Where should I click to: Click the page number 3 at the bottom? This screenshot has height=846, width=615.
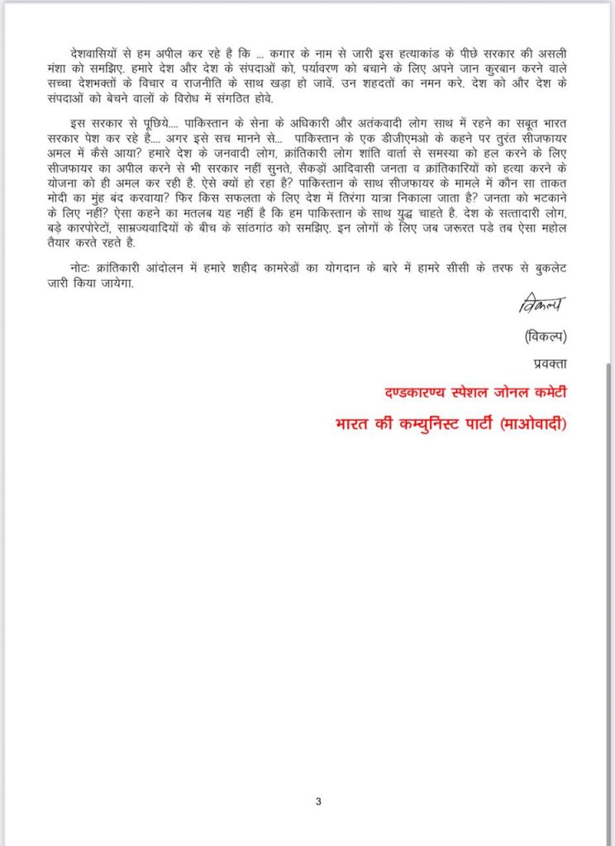pos(318,800)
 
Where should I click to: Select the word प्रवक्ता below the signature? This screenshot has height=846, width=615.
pos(546,364)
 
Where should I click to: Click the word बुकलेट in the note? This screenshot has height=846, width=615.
pos(547,269)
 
